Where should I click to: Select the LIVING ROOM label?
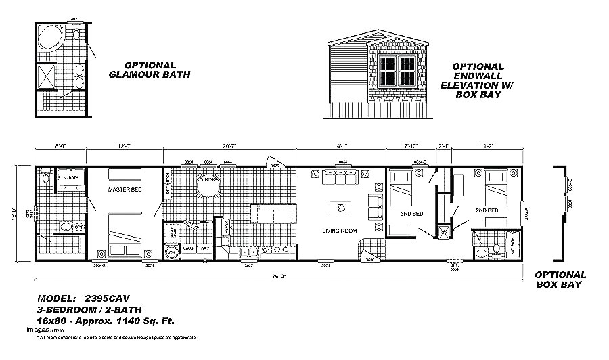(339, 231)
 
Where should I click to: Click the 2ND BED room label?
(487, 210)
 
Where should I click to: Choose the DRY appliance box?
(205, 248)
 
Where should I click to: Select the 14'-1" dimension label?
(341, 145)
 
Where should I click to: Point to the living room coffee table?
(340, 207)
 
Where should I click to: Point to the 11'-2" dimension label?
(488, 145)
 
